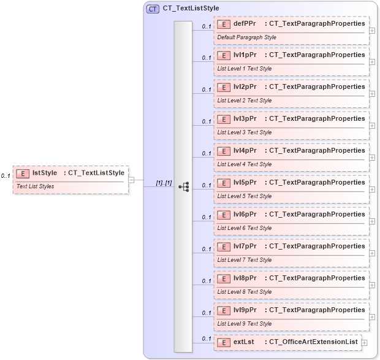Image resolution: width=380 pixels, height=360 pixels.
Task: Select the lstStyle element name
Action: (45, 173)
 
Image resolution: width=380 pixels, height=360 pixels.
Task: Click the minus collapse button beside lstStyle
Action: (132, 180)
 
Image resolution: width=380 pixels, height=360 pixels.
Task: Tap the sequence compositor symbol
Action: (183, 186)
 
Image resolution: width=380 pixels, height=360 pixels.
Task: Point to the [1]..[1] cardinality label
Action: (164, 183)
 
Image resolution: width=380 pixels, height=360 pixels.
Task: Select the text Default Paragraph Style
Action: (246, 37)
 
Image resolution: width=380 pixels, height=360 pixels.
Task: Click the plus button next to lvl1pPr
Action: (373, 62)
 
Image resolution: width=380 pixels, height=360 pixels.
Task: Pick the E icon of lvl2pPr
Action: (223, 87)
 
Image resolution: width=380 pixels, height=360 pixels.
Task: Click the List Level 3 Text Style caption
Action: (244, 132)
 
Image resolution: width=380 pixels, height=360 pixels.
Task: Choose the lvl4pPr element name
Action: (245, 151)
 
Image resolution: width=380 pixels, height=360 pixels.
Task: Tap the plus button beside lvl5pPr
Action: (373, 190)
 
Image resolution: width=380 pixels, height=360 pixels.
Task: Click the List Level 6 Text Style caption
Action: (244, 228)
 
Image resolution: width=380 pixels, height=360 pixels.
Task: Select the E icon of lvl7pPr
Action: (223, 247)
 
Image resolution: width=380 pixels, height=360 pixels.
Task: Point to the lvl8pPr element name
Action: (245, 278)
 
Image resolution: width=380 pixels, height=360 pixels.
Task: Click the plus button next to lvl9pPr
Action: (373, 317)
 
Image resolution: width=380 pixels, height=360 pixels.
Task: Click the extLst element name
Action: (243, 342)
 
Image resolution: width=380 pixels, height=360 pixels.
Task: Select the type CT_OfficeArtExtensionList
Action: (311, 342)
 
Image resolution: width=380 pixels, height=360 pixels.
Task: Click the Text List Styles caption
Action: (35, 186)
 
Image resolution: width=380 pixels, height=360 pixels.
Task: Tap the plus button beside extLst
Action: (365, 342)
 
